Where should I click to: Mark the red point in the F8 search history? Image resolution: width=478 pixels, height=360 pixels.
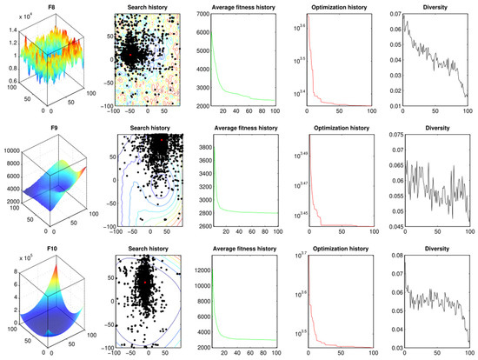(130, 53)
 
